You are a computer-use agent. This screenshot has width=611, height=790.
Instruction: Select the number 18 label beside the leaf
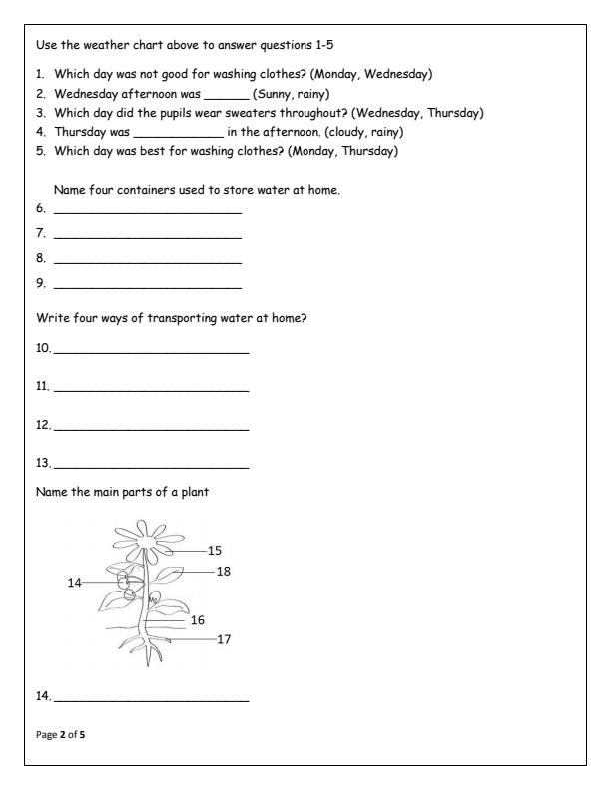(x=224, y=571)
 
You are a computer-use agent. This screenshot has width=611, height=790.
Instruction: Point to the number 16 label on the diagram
(x=197, y=620)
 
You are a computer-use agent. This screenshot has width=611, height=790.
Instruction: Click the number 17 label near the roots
(x=224, y=639)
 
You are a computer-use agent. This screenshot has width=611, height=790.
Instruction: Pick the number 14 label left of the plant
(x=74, y=583)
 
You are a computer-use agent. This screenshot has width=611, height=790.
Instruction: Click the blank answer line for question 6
(x=147, y=211)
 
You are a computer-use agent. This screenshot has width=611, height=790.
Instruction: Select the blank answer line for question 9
(x=147, y=289)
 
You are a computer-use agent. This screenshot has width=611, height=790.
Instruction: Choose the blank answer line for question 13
(x=151, y=466)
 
